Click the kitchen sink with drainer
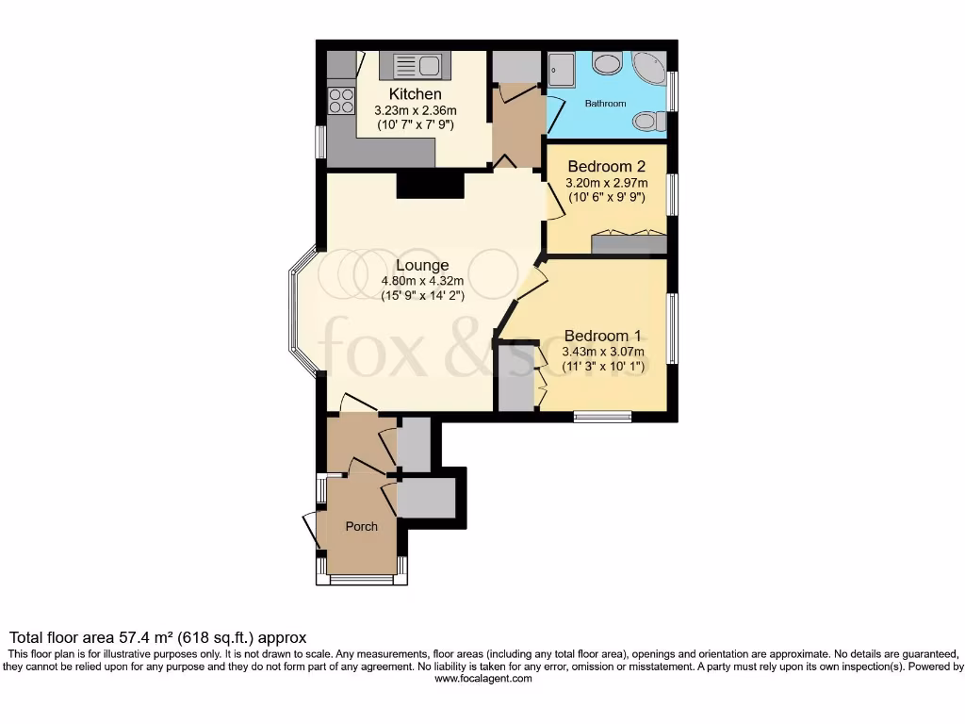[411, 66]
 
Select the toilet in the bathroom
[648, 121]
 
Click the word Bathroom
[605, 103]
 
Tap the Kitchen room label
[415, 94]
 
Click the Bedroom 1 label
[602, 336]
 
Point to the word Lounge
[421, 265]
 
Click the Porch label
[361, 526]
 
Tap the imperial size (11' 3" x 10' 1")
[602, 367]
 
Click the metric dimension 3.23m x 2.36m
[415, 110]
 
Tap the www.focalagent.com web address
[483, 678]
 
